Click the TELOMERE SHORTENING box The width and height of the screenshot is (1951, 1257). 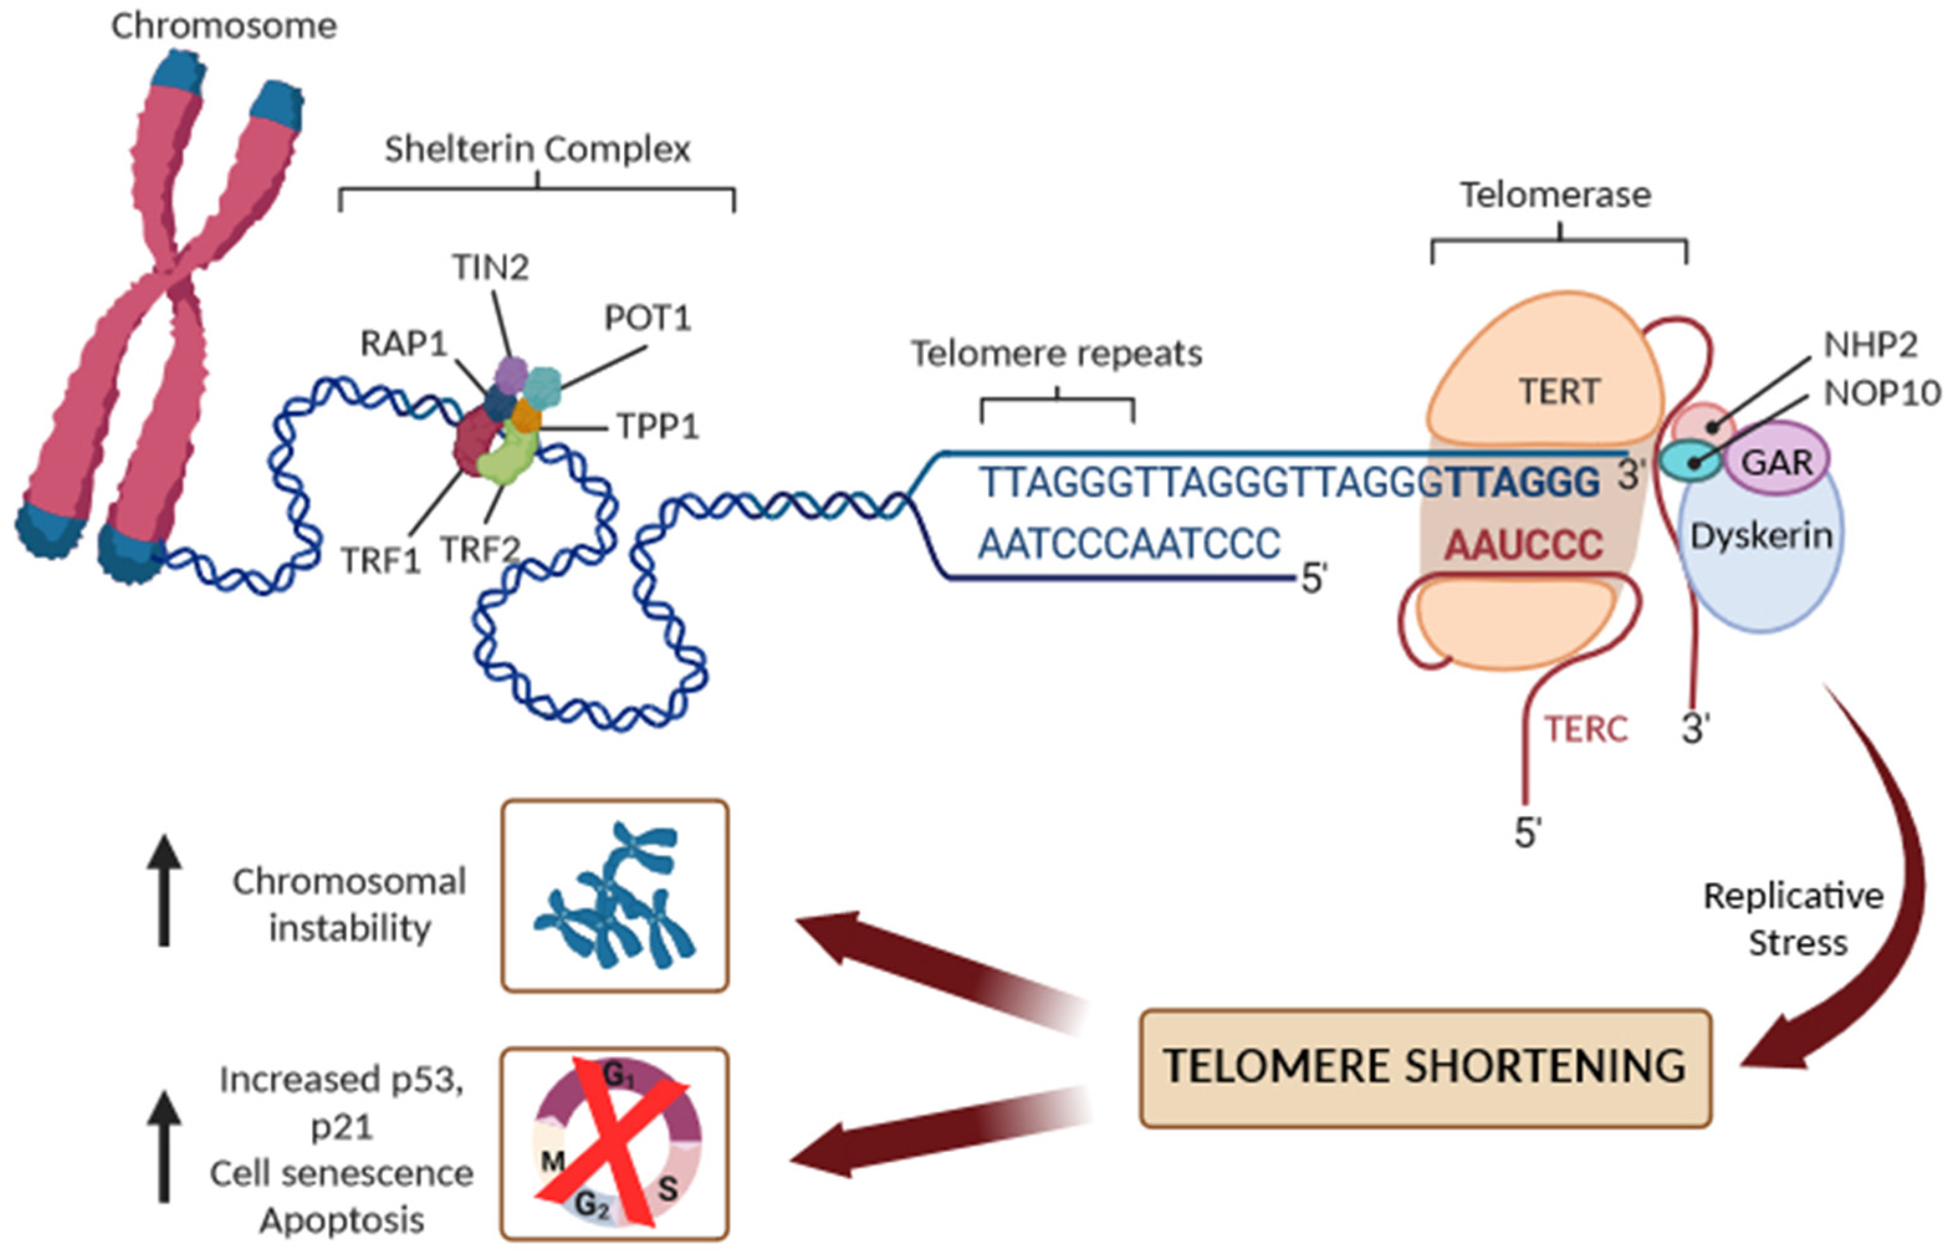tap(1424, 1067)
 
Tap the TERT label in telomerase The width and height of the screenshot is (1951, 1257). tap(1559, 392)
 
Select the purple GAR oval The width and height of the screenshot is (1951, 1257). tap(1776, 463)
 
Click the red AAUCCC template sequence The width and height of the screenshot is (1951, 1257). tap(1523, 545)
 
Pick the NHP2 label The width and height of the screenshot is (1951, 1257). tap(1870, 345)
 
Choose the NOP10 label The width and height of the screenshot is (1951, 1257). tap(1881, 394)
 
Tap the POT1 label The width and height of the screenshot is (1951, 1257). tap(647, 318)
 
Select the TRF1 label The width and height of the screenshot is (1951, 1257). tap(380, 561)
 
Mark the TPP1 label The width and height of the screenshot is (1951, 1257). tap(658, 426)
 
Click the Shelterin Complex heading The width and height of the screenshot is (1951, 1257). tap(537, 149)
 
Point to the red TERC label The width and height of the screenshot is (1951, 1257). tap(1586, 729)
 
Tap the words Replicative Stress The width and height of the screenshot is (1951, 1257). tap(1794, 919)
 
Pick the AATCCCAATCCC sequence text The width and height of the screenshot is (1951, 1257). tap(1129, 543)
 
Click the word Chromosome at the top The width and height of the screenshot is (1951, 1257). tap(224, 26)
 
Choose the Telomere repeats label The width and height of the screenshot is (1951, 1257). tap(1056, 354)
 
